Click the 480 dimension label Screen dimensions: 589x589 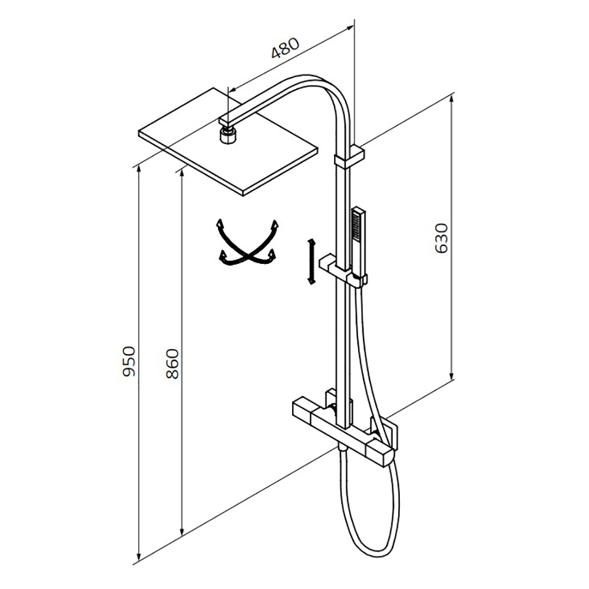285,48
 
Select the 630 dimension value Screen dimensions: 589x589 441,238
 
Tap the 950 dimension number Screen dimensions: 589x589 128,362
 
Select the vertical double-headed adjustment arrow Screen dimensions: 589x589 310,261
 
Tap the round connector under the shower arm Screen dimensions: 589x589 227,135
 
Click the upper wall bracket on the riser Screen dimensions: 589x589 349,157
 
